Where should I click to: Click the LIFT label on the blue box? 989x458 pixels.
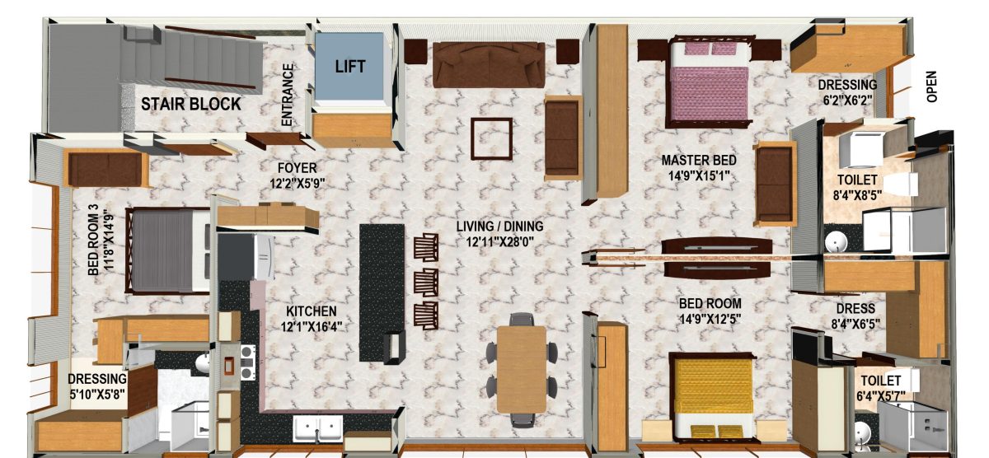350,67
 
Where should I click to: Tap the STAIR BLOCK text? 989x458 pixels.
190,104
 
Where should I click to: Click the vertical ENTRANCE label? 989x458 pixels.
287,95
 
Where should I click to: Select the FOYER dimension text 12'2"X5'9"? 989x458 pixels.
298,183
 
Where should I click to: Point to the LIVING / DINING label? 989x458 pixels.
499,227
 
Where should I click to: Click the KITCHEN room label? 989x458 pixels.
312,311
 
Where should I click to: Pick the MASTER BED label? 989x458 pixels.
699,160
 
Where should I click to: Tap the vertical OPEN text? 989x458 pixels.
931,86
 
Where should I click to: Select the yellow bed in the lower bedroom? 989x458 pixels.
711,395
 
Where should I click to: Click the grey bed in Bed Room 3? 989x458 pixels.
169,250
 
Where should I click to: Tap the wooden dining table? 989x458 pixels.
522,369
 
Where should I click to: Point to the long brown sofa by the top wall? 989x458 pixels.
489,65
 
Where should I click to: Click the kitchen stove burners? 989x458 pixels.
248,362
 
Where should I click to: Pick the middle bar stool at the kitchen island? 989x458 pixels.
426,283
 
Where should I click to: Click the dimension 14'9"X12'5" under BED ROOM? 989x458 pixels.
710,318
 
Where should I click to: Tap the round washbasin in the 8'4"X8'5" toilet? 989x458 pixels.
836,242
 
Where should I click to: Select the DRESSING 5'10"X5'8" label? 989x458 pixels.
97,386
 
